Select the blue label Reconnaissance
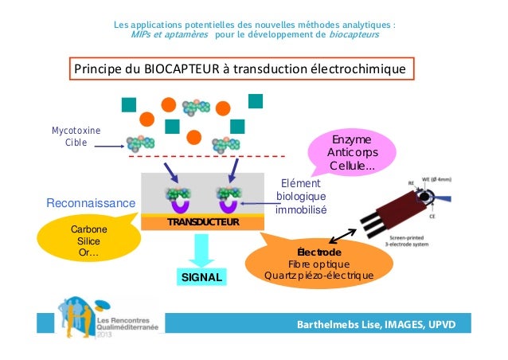pos(91,204)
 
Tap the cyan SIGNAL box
pos(201,276)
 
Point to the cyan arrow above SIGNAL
pos(201,251)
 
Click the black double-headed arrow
pos(343,233)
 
